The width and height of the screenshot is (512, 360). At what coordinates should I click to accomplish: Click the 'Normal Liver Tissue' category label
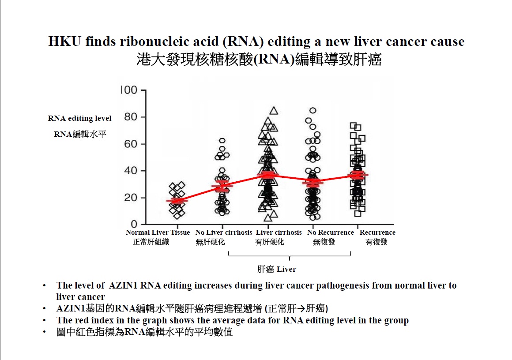(158, 232)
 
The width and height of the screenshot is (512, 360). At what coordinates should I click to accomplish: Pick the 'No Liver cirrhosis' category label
(224, 232)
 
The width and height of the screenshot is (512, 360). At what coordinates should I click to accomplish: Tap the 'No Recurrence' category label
(331, 232)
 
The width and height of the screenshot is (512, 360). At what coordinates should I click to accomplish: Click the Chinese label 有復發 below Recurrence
(376, 242)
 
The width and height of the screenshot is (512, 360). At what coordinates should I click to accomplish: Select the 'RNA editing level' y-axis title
(79, 118)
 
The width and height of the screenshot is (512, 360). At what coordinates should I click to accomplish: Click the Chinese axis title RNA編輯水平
(80, 134)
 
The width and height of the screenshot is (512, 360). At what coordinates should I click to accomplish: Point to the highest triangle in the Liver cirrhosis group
(274, 110)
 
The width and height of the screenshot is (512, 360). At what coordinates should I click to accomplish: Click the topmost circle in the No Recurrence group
(313, 110)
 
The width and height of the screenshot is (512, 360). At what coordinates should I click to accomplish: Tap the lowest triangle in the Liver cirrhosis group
(268, 217)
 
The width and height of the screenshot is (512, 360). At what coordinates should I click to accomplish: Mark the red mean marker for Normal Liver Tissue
(177, 201)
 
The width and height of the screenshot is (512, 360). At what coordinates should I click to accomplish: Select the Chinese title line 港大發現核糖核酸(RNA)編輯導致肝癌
(259, 60)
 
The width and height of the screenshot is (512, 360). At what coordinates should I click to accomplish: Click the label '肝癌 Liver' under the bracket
(276, 269)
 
